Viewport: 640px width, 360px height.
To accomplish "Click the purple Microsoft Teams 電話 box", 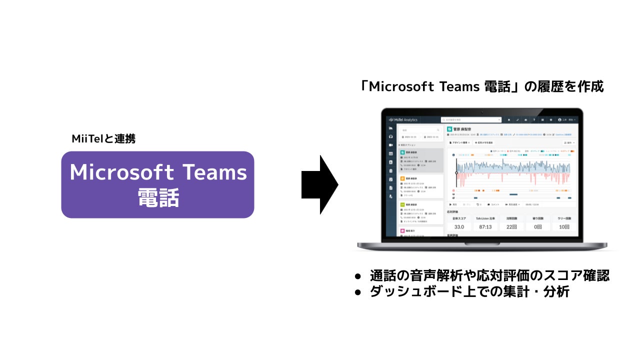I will (157, 184).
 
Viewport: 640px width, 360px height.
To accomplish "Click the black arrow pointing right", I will (320, 184).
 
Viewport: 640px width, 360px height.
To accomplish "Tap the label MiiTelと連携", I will (103, 139).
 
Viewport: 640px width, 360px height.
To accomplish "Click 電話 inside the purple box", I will (158, 198).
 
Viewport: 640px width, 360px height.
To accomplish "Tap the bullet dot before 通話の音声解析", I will (357, 276).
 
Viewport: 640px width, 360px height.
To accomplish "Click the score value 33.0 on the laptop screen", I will (459, 227).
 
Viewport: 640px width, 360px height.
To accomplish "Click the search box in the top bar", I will (470, 120).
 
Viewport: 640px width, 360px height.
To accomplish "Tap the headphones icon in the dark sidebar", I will (390, 136).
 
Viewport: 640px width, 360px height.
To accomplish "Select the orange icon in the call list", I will (403, 178).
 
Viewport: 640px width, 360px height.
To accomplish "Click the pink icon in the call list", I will (403, 231).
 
